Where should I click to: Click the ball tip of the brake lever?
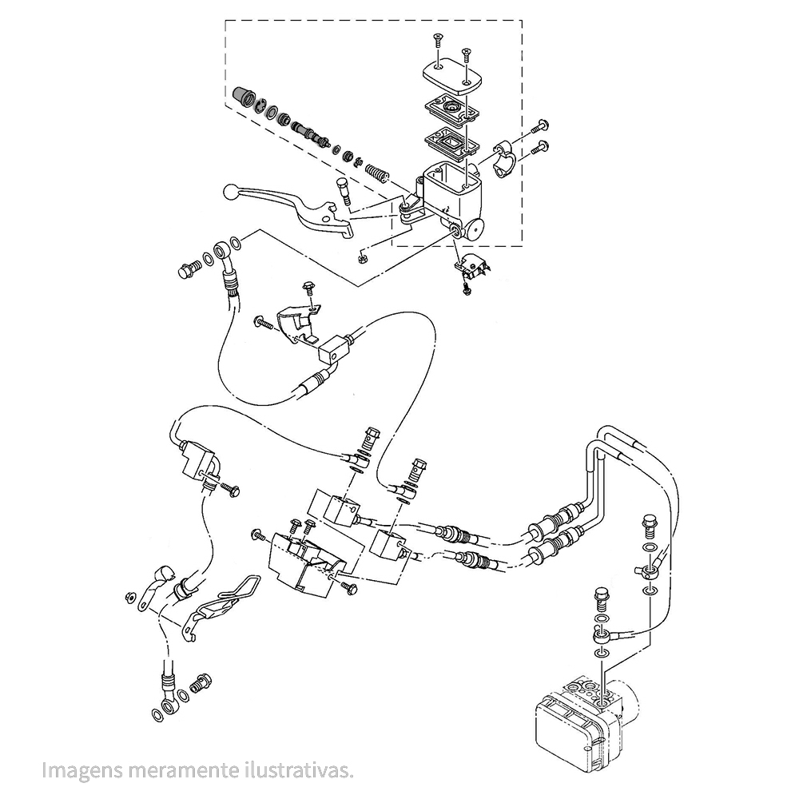point(231,193)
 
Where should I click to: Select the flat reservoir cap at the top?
point(452,77)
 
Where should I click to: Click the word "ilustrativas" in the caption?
point(298,770)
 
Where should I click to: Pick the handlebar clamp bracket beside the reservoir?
point(505,158)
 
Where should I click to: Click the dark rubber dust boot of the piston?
point(243,97)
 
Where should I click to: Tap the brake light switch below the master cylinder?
point(471,268)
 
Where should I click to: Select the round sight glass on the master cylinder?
point(476,229)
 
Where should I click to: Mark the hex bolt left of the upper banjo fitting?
point(189,269)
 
